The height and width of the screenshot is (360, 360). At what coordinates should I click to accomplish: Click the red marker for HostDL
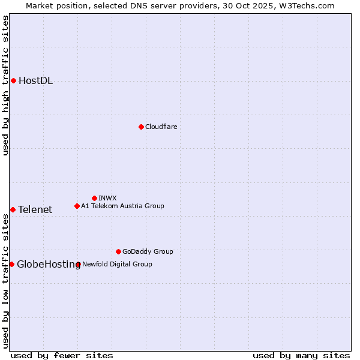(x=13, y=80)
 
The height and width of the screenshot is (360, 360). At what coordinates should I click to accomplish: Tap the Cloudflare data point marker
(x=141, y=127)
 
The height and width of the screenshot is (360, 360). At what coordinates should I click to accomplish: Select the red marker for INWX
(x=94, y=198)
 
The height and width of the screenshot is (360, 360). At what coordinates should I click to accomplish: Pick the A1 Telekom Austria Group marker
(x=77, y=206)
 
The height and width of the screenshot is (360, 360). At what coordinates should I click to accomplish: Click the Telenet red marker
(x=13, y=209)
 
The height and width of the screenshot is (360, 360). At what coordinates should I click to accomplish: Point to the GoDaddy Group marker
(x=118, y=251)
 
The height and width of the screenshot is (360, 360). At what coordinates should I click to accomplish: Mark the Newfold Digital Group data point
(x=78, y=264)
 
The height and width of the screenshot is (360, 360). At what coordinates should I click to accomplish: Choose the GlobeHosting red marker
(x=11, y=264)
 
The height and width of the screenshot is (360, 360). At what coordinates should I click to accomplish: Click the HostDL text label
(x=35, y=81)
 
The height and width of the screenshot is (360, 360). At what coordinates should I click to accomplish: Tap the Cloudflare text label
(x=161, y=127)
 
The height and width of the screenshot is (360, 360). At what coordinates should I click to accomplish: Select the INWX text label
(x=107, y=198)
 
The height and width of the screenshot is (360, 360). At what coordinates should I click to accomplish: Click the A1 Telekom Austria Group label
(x=122, y=206)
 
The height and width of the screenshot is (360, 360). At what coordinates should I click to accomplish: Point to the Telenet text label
(x=35, y=209)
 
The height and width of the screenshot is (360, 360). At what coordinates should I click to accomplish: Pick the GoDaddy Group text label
(x=148, y=251)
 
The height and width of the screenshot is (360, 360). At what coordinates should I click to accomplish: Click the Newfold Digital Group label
(x=117, y=264)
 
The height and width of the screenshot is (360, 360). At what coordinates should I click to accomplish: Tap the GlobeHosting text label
(x=49, y=264)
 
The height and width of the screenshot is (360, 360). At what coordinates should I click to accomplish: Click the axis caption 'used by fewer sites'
(x=62, y=355)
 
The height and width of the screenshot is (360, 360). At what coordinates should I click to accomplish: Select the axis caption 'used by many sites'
(x=301, y=355)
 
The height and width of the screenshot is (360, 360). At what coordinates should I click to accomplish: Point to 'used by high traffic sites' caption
(x=5, y=85)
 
